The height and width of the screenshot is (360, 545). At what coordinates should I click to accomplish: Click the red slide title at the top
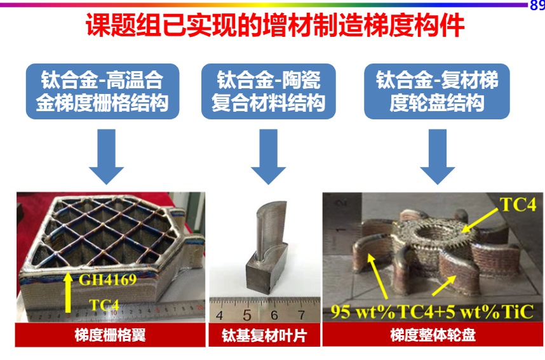pos(275,25)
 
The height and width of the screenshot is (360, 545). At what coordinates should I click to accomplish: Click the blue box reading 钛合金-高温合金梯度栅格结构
pos(102,91)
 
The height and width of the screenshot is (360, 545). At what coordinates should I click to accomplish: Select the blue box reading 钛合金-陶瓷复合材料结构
pos(268,91)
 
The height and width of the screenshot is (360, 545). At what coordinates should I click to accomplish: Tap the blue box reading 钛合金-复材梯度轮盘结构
pos(437,91)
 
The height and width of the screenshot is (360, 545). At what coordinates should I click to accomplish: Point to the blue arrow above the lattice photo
pos(106,157)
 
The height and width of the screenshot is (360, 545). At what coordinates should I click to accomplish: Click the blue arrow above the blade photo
pos(268,157)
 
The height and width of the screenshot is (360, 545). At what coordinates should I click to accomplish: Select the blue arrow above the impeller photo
pos(437,157)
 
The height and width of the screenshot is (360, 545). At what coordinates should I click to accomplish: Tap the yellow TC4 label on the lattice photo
pos(104,305)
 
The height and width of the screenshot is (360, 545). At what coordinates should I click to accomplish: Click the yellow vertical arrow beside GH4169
pos(68,292)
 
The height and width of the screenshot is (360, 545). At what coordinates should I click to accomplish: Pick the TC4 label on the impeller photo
pos(518,204)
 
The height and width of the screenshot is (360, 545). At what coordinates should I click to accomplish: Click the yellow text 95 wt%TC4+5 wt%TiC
pos(432,311)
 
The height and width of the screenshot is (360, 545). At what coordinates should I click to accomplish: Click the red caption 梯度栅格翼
pos(110,335)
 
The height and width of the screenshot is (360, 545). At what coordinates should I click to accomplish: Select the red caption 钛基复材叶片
pos(264,336)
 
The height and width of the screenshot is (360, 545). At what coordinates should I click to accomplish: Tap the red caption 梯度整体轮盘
pos(433,335)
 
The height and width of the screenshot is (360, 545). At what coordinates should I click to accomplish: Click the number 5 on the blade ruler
pos(247,315)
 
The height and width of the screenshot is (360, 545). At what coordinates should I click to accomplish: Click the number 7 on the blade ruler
pos(301,315)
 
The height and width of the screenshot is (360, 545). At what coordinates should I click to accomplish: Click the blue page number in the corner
pos(537,5)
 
